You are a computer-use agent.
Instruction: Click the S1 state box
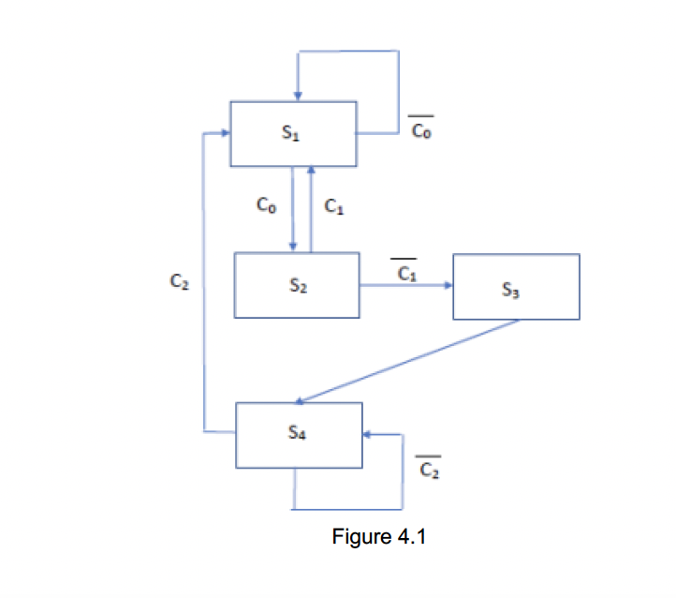click(x=293, y=135)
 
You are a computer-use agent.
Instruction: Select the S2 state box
click(x=296, y=285)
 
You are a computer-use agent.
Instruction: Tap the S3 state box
click(x=516, y=286)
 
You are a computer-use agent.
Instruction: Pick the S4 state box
click(x=298, y=435)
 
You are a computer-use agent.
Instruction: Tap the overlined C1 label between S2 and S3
click(x=404, y=272)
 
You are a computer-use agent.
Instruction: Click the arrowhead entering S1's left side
click(x=225, y=134)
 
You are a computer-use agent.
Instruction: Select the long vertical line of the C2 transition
click(x=203, y=281)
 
